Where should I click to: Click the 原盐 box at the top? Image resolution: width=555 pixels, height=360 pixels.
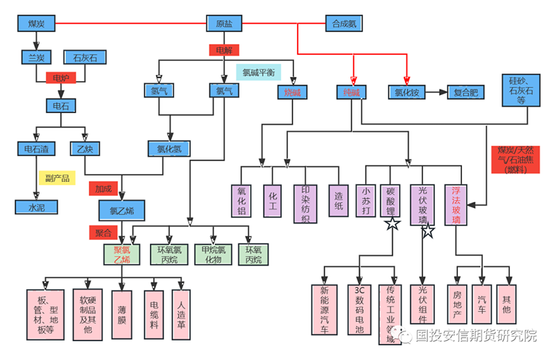tap(224, 24)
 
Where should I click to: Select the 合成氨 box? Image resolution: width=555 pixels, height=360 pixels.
tap(343, 24)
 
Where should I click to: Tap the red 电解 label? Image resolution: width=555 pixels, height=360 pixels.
tap(224, 50)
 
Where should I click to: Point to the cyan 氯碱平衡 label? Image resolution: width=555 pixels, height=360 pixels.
tap(258, 72)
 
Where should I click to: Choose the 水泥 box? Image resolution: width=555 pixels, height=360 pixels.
tap(35, 207)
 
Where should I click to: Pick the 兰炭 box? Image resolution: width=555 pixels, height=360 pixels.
tap(35, 57)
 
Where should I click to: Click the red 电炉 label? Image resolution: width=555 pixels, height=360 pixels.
tap(60, 78)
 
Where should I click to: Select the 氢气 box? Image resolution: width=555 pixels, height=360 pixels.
tap(159, 91)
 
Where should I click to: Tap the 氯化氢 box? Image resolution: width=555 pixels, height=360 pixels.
tap(169, 148)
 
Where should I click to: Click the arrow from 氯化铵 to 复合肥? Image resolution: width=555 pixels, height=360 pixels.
tap(436, 92)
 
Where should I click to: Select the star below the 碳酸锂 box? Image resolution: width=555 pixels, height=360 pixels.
tap(393, 223)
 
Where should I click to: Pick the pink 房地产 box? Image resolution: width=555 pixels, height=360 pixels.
tap(457, 304)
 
